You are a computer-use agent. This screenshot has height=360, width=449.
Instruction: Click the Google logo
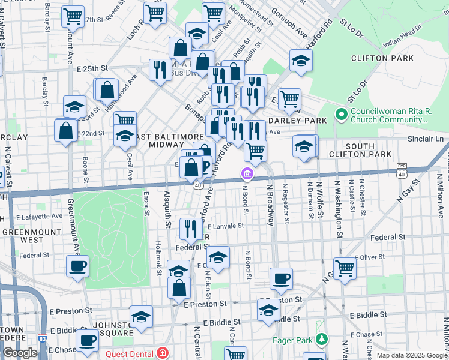point(20,353)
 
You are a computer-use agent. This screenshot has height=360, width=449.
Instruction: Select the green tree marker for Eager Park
point(322,340)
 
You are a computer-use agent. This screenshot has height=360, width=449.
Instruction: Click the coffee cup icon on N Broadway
point(281,278)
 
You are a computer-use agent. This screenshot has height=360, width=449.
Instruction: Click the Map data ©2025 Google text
point(411,355)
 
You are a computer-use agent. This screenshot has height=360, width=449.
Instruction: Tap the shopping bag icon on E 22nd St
point(65,130)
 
